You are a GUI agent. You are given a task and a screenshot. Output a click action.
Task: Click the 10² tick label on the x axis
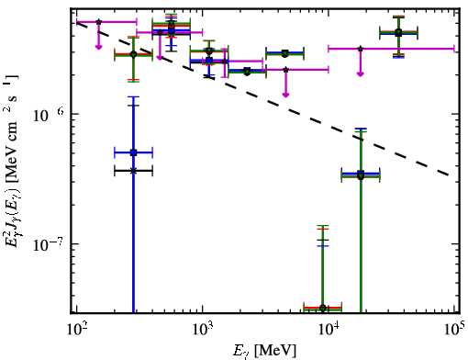(76, 331)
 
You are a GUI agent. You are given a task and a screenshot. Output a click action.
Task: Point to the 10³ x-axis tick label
(203, 331)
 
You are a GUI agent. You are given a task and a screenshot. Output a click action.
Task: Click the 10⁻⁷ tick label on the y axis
(49, 244)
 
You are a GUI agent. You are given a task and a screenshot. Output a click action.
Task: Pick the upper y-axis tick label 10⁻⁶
(49, 115)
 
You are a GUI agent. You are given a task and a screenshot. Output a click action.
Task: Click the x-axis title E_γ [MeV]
(264, 351)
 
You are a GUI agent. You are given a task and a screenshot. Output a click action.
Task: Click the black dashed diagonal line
(262, 99)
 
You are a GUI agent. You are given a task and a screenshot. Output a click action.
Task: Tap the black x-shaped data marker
(133, 171)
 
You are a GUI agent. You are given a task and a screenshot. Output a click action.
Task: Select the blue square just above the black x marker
(133, 152)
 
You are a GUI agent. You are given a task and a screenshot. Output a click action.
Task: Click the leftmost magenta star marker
(98, 22)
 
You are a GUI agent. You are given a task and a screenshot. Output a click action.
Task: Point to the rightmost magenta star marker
(361, 49)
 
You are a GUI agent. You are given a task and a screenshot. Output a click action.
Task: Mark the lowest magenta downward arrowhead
(285, 95)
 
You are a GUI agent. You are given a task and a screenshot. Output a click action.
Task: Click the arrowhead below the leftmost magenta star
(98, 47)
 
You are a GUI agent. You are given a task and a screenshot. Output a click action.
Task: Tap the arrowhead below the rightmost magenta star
(361, 73)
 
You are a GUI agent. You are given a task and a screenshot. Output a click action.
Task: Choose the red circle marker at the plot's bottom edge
(322, 308)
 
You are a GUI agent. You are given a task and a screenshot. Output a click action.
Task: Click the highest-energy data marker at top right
(398, 32)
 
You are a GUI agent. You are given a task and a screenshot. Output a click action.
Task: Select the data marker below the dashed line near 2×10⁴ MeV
(361, 175)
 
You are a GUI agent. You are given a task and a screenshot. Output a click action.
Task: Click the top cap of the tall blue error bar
(133, 97)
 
